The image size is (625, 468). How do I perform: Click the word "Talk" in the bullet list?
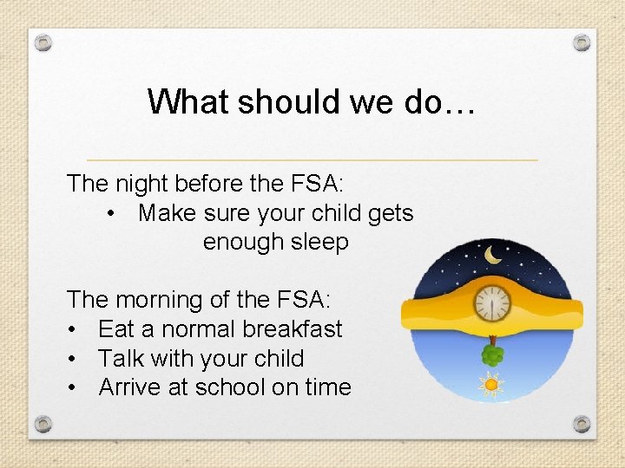point(121,359)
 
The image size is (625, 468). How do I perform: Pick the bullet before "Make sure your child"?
point(112,213)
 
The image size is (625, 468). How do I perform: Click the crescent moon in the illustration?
point(493,255)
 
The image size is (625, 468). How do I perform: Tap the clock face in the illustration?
point(491,304)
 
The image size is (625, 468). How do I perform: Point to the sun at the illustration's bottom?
point(492,383)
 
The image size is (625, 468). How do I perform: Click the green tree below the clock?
point(492,354)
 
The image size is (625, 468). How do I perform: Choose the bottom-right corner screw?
point(582,424)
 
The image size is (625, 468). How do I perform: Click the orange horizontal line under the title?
point(312,160)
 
